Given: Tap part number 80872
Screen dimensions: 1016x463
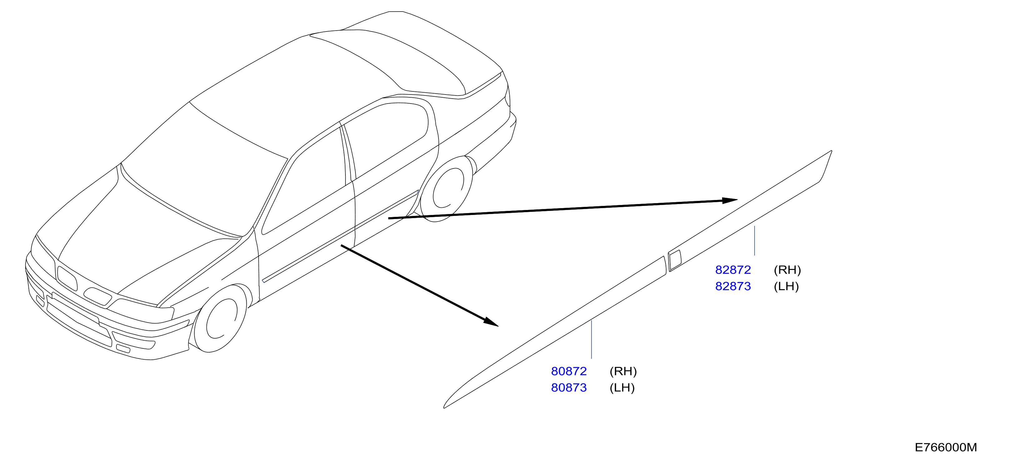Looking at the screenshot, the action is (x=569, y=371).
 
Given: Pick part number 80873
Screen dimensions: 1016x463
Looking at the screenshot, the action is (x=569, y=388).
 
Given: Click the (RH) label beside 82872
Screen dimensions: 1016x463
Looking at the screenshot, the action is (x=787, y=270).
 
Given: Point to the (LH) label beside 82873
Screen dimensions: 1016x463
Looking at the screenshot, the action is (x=786, y=286).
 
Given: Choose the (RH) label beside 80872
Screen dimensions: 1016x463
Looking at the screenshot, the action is (x=623, y=371).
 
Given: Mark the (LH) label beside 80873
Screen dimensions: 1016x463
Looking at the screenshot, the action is (x=622, y=388).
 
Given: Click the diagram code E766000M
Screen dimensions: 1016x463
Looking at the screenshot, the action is (x=946, y=447).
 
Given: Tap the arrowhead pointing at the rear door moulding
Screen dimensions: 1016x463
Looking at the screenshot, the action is (x=730, y=200).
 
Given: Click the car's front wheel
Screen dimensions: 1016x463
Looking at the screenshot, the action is (x=221, y=318).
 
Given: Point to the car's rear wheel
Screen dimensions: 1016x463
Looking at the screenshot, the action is (x=447, y=189).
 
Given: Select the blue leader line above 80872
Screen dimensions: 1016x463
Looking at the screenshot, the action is (x=591, y=339).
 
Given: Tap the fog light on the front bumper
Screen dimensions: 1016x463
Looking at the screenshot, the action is (x=123, y=348).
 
